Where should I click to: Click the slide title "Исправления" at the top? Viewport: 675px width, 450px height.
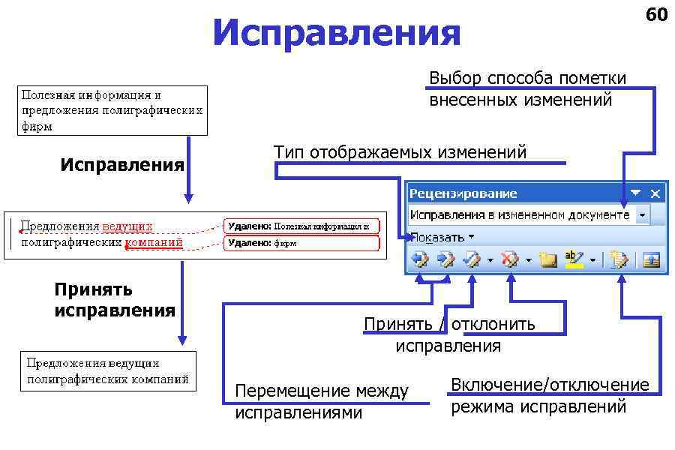(x=337, y=34)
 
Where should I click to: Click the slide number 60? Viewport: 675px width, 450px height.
(x=655, y=15)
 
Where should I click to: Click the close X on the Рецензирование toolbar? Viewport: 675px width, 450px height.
(x=656, y=193)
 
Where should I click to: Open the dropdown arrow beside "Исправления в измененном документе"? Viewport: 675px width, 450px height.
(x=642, y=215)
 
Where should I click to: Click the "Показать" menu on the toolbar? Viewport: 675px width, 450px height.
(x=442, y=237)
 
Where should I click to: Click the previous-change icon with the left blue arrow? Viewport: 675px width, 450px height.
(x=419, y=259)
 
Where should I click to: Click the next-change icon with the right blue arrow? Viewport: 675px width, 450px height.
(x=445, y=259)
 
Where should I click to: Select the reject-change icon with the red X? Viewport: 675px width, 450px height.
(x=511, y=259)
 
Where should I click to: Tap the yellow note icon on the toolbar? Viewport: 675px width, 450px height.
(x=548, y=259)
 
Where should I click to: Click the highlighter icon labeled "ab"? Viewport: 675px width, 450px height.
(x=574, y=259)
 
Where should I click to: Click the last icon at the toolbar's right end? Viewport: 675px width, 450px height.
(x=651, y=259)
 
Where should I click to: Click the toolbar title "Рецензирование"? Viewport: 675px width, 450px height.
(x=463, y=193)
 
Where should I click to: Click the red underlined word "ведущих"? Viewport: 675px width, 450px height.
(x=127, y=226)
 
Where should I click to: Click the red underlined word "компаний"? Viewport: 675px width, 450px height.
(x=154, y=242)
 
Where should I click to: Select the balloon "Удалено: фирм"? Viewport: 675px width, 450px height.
(x=301, y=243)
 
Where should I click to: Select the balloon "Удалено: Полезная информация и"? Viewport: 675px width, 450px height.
(x=301, y=226)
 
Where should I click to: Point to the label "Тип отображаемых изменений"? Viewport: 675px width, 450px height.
(x=400, y=152)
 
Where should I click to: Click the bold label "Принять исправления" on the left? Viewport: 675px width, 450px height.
(x=114, y=299)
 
